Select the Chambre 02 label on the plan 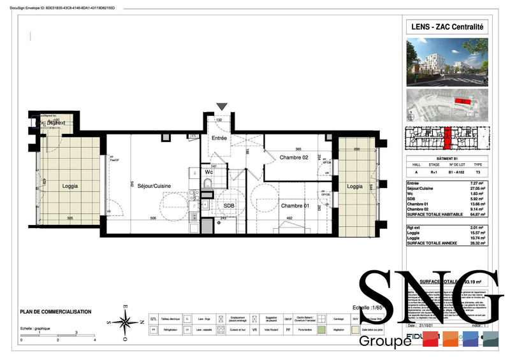(x=293, y=157)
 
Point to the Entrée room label (x=219, y=138)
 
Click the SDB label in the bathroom (x=229, y=205)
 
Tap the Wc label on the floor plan (x=208, y=172)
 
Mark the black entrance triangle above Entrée (x=221, y=107)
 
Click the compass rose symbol (x=124, y=320)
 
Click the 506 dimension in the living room (x=153, y=219)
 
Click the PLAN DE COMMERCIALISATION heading (x=56, y=312)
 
